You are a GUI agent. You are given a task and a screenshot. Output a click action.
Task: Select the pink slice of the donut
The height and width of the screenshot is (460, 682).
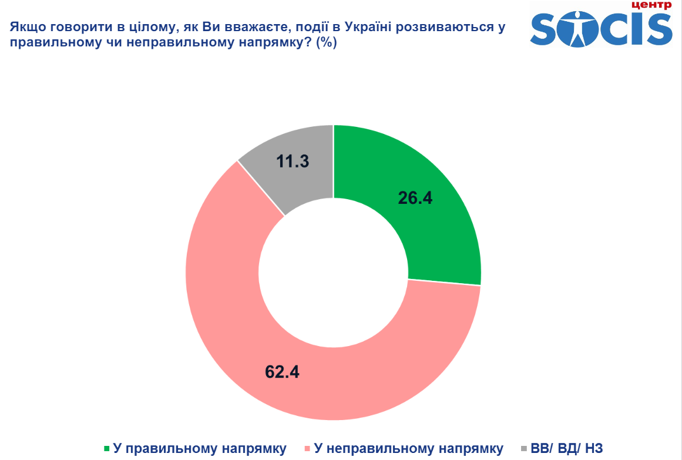(x=235, y=329)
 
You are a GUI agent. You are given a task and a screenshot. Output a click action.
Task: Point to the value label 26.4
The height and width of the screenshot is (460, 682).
(x=415, y=199)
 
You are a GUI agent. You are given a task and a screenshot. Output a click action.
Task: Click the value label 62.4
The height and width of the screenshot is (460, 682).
(x=282, y=371)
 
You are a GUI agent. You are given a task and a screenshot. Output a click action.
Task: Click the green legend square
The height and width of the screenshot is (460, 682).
(x=106, y=449)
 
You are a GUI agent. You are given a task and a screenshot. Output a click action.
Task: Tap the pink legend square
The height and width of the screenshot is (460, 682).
(x=307, y=449)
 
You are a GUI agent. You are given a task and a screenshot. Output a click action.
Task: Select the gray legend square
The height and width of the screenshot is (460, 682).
(x=523, y=449)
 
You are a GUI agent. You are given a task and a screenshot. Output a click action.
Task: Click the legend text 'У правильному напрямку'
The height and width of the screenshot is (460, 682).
(x=200, y=449)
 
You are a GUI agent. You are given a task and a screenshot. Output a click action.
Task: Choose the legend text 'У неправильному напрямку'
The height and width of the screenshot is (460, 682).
(x=409, y=449)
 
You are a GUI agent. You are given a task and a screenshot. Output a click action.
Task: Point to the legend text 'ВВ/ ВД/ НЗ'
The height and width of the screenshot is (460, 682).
(x=566, y=449)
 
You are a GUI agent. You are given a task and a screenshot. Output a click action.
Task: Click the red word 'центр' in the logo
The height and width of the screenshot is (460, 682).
(x=650, y=5)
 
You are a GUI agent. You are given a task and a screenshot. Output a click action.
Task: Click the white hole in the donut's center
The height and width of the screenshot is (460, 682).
(x=333, y=273)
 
